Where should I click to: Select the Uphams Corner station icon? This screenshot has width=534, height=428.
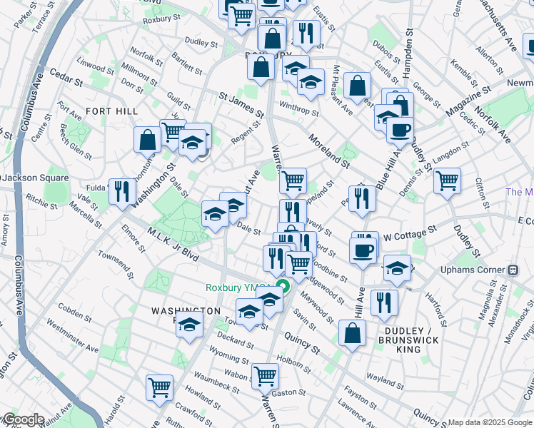pos(512,271)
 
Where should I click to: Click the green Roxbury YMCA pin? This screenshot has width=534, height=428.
pos(283,287)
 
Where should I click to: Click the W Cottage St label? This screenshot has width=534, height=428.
pos(409,233)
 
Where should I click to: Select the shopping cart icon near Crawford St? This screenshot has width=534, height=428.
pos(159,387)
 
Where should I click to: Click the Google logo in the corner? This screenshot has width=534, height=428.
pos(23,419)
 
